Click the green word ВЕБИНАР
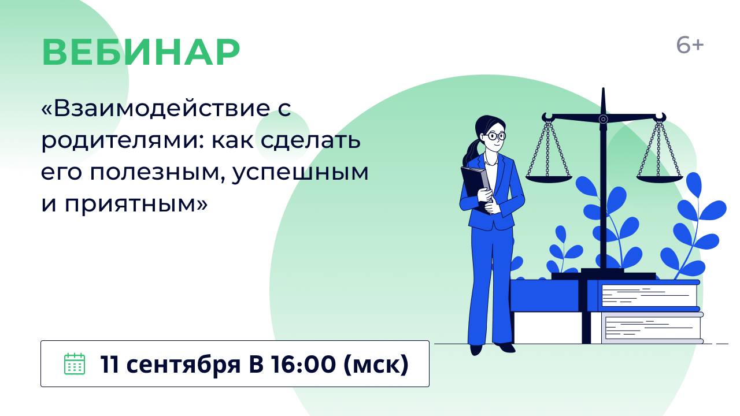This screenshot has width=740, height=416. [x=140, y=53]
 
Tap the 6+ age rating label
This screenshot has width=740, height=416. [x=690, y=46]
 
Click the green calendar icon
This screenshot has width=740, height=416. [x=74, y=363]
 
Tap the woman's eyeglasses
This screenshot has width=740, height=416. [x=495, y=136]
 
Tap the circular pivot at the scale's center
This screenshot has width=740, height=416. [x=603, y=119]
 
